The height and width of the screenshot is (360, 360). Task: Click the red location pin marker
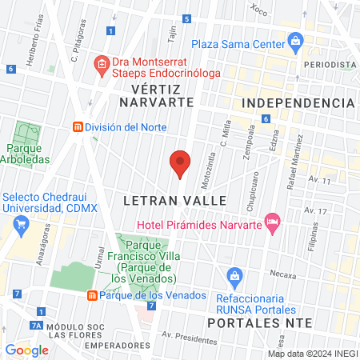pyautogui.click(x=180, y=164)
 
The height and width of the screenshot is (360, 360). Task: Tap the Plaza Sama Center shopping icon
pyautogui.click(x=295, y=39)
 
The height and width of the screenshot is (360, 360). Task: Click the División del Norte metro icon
pyautogui.click(x=78, y=127)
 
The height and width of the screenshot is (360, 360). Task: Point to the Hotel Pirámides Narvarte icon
pyautogui.click(x=272, y=222)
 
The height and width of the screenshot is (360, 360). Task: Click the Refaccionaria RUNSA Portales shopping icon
pyautogui.click(x=234, y=277)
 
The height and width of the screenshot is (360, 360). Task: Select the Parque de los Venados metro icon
pyautogui.click(x=92, y=295)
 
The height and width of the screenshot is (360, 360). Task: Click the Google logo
pyautogui.click(x=26, y=350)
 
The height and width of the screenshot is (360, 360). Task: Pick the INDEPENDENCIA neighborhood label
pyautogui.click(x=298, y=103)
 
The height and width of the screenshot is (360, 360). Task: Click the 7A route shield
pyautogui.click(x=35, y=326)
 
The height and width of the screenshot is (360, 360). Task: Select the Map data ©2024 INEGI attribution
pyautogui.click(x=312, y=353)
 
